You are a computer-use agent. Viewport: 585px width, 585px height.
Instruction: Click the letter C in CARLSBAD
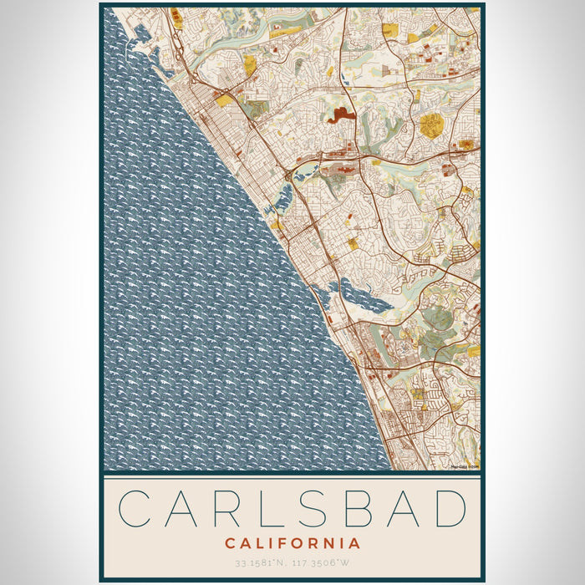(136, 508)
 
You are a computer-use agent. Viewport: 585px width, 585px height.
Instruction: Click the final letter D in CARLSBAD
(449, 508)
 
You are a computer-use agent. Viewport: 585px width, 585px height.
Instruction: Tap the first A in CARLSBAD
(181, 508)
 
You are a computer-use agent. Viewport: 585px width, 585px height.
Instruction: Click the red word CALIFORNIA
(292, 543)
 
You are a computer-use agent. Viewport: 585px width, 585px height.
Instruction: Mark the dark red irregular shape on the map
(342, 115)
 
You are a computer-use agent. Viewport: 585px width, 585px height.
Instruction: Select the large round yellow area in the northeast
(431, 125)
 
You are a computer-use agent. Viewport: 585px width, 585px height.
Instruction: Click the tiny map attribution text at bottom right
(465, 467)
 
